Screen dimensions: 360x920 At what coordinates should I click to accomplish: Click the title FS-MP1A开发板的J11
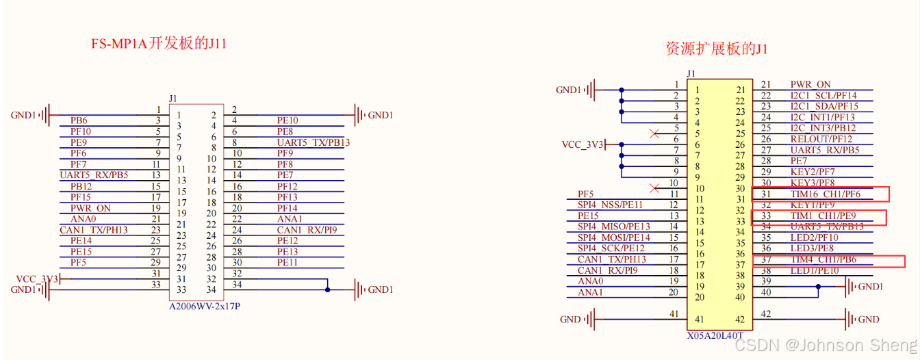coord(159,44)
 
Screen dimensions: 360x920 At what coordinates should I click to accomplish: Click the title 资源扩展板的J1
coord(716,49)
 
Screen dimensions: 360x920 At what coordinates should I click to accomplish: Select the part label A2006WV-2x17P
coord(205,307)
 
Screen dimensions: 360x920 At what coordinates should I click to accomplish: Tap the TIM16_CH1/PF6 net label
coord(825,194)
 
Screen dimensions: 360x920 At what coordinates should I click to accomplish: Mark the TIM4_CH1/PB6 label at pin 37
coord(823,260)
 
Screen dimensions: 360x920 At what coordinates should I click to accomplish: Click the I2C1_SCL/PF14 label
coord(823,96)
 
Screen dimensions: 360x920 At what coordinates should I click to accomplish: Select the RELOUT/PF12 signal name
coord(821,140)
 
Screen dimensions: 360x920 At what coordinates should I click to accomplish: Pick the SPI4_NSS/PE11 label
coord(610,205)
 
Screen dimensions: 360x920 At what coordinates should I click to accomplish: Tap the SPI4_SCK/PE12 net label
coord(611,249)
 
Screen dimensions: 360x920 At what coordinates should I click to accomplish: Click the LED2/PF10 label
coord(814,238)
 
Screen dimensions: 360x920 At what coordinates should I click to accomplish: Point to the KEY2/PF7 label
coord(813,172)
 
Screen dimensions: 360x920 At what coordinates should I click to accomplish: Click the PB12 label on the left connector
coord(81,186)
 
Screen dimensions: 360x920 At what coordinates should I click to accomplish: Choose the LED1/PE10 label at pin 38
coord(814,271)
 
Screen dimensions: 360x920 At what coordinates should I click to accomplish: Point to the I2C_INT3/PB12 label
coord(823,129)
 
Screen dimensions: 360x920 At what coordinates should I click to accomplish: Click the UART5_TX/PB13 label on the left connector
coord(313,142)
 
